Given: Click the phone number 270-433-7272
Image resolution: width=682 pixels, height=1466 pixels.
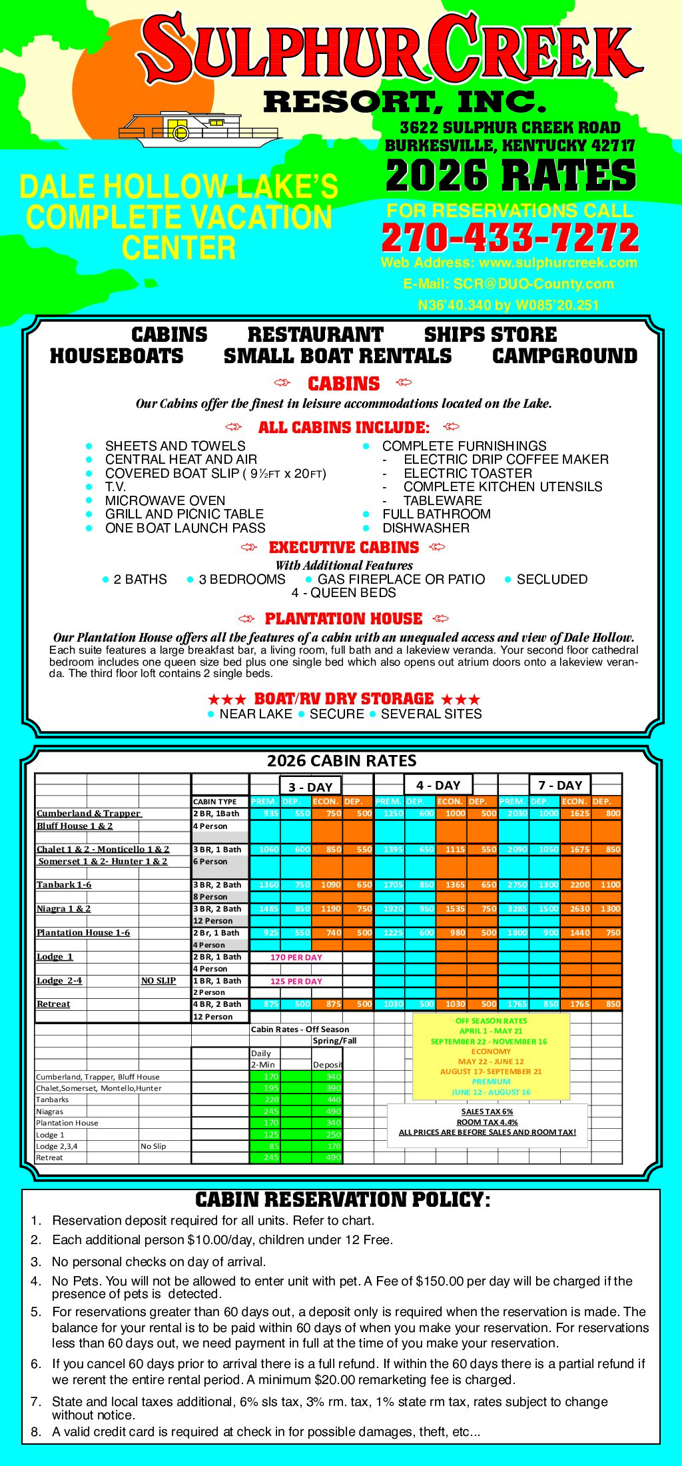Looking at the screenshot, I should (510, 238).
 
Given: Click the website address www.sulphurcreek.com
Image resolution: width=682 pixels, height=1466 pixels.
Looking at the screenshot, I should (558, 263).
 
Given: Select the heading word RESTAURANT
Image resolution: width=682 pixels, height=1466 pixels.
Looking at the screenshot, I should (315, 335).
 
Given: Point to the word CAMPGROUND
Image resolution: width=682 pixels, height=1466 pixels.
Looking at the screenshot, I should (565, 356).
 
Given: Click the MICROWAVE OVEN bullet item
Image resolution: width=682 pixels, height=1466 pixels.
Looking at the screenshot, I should (165, 500).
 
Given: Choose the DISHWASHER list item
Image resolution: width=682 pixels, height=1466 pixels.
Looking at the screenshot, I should (426, 528).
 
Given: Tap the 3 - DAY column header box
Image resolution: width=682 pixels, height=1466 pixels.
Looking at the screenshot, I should (310, 786).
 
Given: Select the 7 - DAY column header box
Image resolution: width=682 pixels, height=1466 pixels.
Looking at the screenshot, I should (560, 785).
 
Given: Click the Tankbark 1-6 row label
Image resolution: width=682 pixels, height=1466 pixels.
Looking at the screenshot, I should (64, 884).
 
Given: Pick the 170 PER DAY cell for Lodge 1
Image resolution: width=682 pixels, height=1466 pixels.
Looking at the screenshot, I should (296, 957).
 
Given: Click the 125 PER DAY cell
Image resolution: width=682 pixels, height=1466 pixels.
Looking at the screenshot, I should (296, 981).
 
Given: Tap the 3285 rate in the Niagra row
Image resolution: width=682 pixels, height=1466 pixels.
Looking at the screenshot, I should (517, 908).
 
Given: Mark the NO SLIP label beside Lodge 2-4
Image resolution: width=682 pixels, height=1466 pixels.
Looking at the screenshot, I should (159, 980).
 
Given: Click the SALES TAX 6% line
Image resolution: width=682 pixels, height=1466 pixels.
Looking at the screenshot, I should (487, 1111).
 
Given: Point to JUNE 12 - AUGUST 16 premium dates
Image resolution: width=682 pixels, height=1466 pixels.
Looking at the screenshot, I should (491, 1092).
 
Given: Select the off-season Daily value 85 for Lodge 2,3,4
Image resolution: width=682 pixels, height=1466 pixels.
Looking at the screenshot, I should (271, 1146).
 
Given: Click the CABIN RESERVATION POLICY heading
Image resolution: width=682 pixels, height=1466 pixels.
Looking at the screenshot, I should (342, 1199).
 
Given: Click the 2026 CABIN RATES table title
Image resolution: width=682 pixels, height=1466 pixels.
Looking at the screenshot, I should (342, 760).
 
